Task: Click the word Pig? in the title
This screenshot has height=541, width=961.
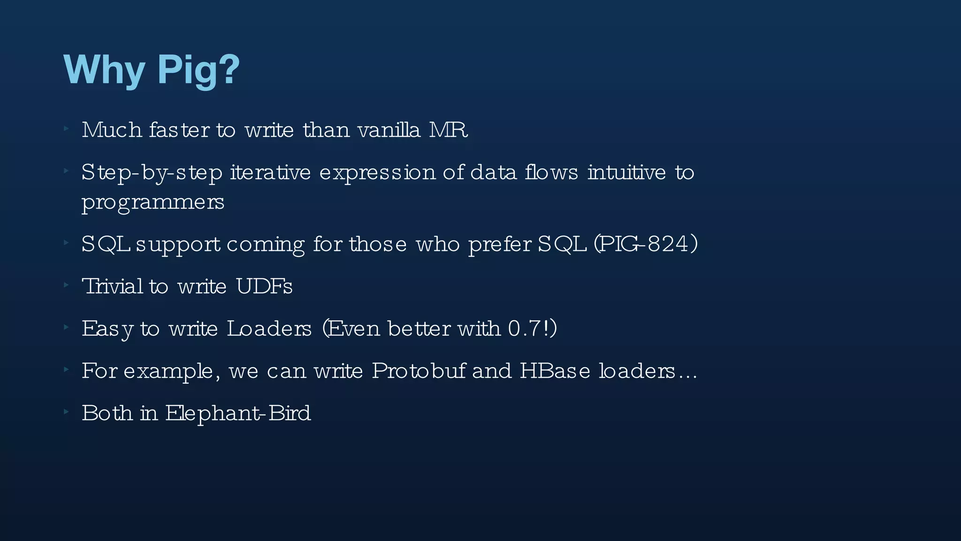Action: pos(198,70)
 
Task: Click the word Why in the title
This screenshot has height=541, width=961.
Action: pos(104,70)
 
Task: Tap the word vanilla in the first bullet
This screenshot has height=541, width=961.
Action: pos(389,130)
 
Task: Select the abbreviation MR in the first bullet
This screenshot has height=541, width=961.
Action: pos(449,130)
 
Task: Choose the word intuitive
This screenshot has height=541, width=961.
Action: pos(626,172)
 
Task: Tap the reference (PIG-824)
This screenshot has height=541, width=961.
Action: pos(646,244)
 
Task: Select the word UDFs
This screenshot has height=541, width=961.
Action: pos(264,286)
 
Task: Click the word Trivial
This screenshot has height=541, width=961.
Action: pos(112,286)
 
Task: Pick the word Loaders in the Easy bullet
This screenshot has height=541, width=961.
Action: pos(269,329)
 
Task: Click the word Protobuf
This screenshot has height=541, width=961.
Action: pos(419,371)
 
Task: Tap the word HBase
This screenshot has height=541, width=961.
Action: pos(555,371)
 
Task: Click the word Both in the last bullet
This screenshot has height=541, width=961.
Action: pos(107,413)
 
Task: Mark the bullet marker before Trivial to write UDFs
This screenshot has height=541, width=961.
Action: pos(67,284)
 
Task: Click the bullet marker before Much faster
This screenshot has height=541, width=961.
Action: pos(67,128)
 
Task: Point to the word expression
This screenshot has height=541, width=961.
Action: pos(377,173)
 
